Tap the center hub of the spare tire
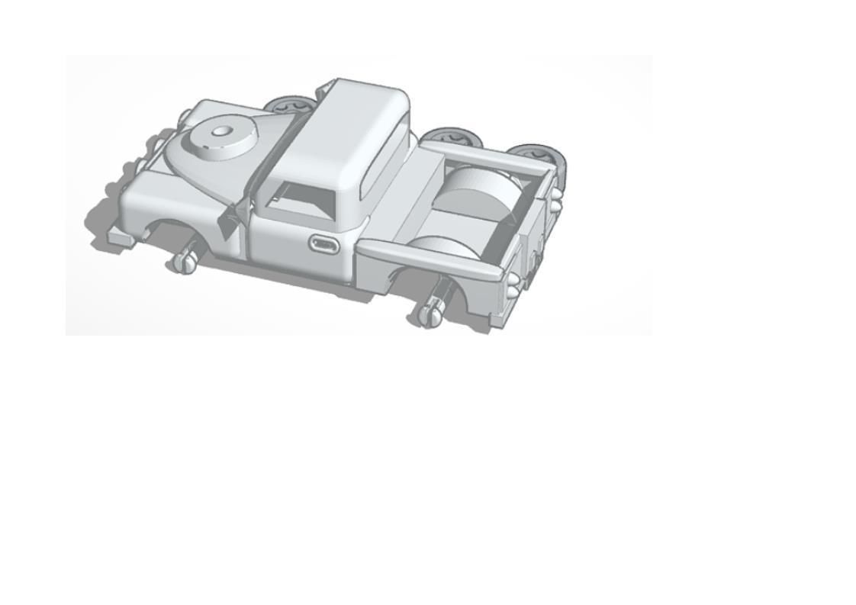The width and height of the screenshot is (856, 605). click(220, 131)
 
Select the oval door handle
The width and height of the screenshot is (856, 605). click(324, 244)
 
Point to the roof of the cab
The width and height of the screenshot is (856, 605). click(343, 130)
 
